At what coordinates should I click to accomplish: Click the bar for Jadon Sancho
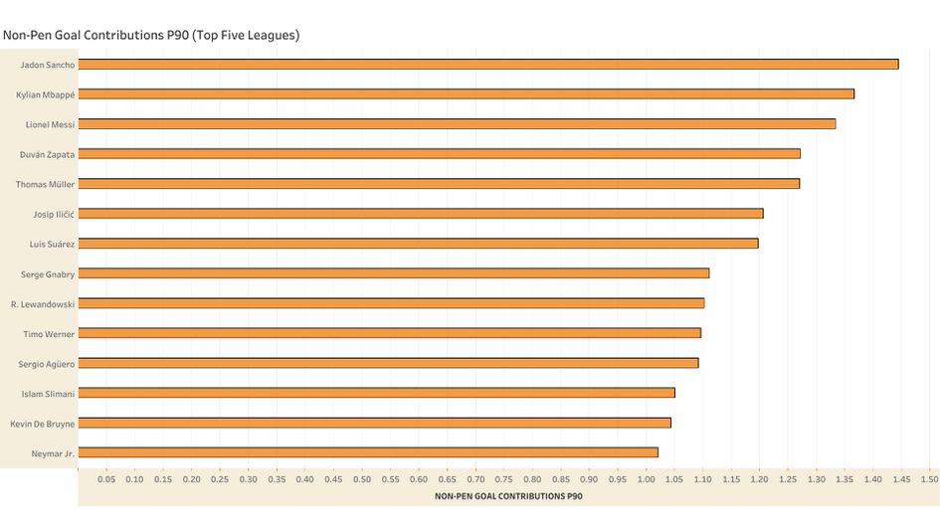(487, 65)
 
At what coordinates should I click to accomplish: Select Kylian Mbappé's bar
(466, 94)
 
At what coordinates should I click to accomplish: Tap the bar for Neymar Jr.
(368, 452)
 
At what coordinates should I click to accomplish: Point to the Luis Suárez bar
(418, 244)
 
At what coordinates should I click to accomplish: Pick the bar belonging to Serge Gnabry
(393, 273)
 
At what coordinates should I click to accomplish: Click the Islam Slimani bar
(376, 393)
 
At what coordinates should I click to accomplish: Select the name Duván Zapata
(48, 154)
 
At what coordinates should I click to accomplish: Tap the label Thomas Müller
(46, 184)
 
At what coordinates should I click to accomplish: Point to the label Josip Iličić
(54, 214)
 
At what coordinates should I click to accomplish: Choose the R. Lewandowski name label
(43, 303)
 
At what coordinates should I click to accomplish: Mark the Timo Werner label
(49, 333)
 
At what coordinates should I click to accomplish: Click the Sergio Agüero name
(47, 363)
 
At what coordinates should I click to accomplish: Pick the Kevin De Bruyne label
(43, 423)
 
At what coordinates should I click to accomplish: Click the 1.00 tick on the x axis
(646, 479)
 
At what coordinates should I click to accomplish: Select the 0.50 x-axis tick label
(361, 479)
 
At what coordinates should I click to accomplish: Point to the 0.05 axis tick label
(106, 479)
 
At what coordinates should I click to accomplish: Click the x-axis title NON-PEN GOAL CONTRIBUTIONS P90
(509, 495)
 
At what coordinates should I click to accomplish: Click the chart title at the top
(151, 35)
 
